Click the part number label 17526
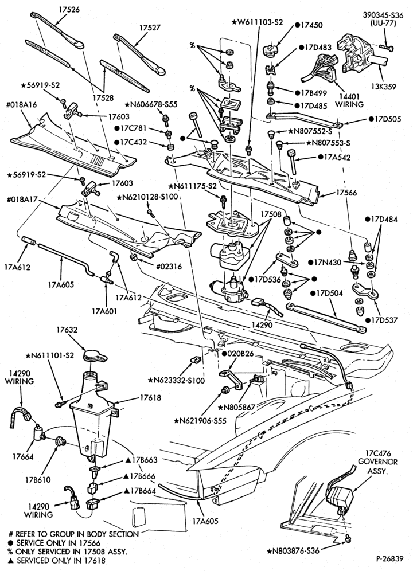coord(69,10)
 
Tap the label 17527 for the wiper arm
coord(150,28)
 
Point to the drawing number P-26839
coord(390,558)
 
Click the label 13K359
coord(383,87)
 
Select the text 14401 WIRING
coord(349,100)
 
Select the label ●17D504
coord(326,293)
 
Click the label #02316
coord(169,267)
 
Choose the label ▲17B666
coord(139,476)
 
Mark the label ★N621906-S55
coord(200,421)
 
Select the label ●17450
coord(309,25)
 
